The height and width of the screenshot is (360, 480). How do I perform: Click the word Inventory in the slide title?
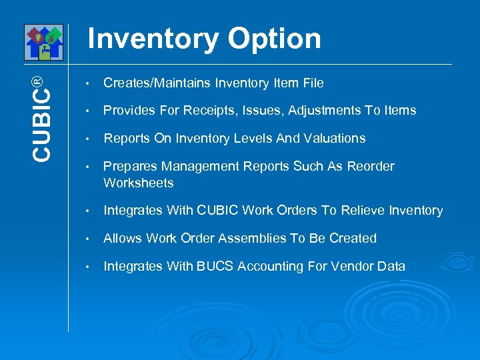(153, 39)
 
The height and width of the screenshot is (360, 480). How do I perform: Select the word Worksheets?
(139, 183)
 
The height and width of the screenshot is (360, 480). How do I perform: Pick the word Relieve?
(361, 211)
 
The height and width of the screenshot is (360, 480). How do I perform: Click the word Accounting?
(267, 267)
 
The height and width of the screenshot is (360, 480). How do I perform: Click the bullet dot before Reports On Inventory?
(87, 139)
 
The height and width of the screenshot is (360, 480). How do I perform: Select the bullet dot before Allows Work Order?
(87, 239)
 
